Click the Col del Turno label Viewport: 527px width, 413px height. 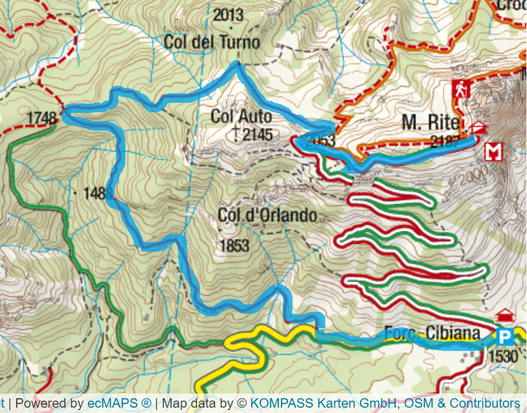pos(212,43)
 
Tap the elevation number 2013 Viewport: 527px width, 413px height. pos(228,15)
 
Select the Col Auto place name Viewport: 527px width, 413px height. pos(241,116)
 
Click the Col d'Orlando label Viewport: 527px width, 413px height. pos(267,216)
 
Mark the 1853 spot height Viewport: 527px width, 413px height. pos(234,246)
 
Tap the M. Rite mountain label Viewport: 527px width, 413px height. pos(429,122)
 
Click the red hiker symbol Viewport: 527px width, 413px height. pos(461,89)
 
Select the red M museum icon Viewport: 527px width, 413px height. pos(493,152)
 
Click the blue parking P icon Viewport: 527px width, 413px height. pos(505,337)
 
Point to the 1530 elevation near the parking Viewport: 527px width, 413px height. pos(503,356)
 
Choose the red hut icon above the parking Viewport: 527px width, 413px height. pos(505,314)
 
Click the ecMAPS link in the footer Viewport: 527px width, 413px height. pos(119,404)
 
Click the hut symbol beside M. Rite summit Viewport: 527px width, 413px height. pos(478,127)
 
